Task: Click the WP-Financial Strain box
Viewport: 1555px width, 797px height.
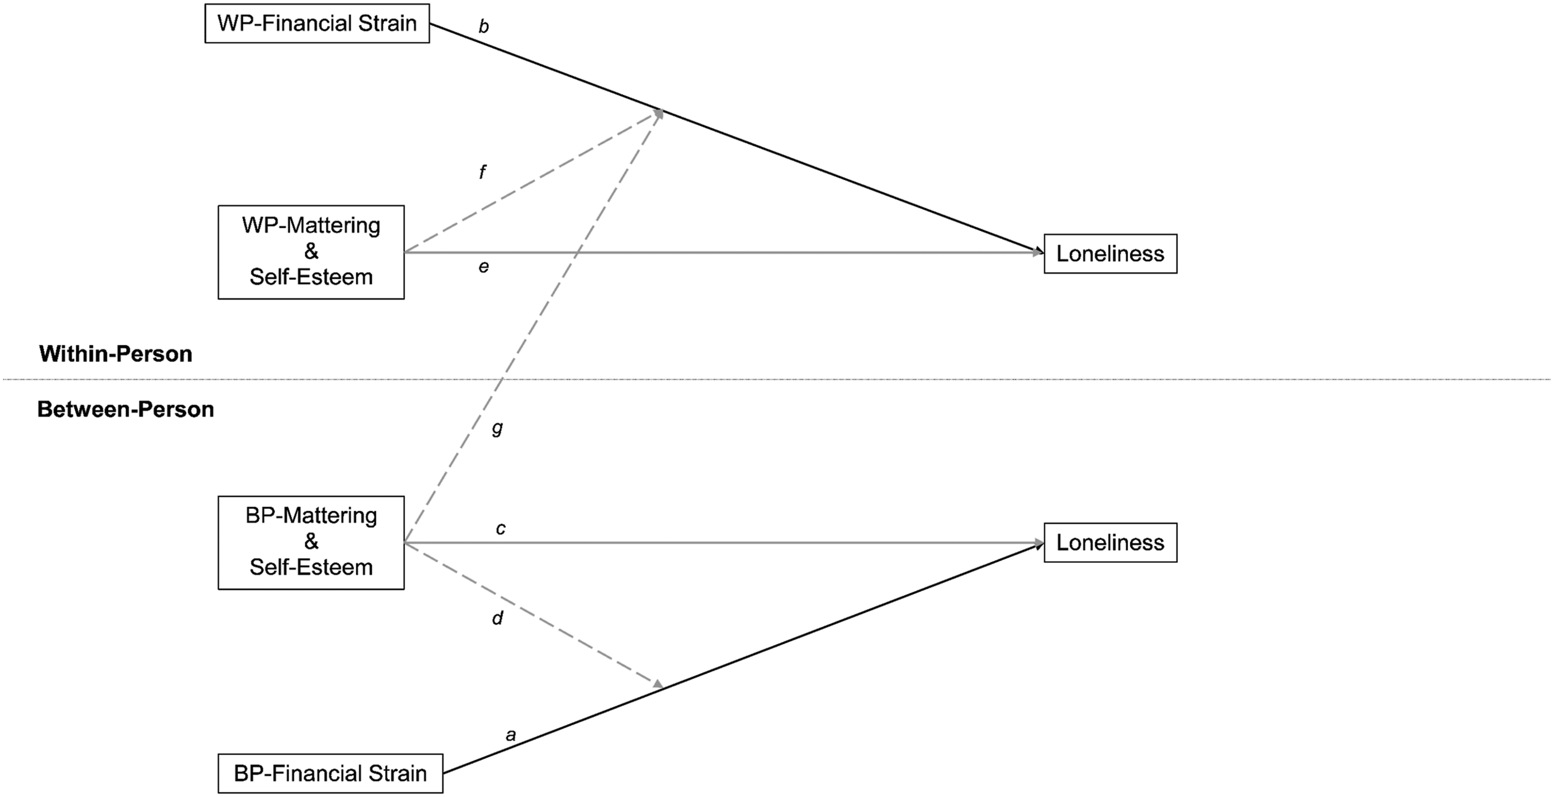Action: pos(317,24)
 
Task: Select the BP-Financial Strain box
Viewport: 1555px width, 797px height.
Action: pos(330,773)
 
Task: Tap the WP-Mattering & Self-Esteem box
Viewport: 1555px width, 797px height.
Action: pos(311,252)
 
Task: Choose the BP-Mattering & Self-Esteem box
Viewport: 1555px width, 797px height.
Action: pos(311,542)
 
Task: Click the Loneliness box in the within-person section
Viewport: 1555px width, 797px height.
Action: pos(1110,254)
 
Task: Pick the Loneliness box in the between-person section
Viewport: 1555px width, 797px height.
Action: pos(1110,542)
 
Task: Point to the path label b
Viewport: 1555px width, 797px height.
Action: pos(484,26)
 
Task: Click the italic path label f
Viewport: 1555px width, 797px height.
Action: pos(483,172)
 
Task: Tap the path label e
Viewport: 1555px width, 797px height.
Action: pos(484,267)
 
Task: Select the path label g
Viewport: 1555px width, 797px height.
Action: pos(497,429)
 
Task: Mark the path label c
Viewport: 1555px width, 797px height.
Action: pos(500,529)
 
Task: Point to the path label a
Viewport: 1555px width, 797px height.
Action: pos(511,736)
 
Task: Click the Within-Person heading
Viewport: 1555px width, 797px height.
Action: pos(115,354)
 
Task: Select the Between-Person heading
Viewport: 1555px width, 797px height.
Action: pos(126,409)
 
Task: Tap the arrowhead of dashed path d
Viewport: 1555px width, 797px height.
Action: pos(658,684)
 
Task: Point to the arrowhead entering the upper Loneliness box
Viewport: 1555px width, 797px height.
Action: pos(1037,252)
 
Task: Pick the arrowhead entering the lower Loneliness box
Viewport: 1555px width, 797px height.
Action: pos(1037,543)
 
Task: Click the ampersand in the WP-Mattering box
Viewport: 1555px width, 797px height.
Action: pos(311,251)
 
